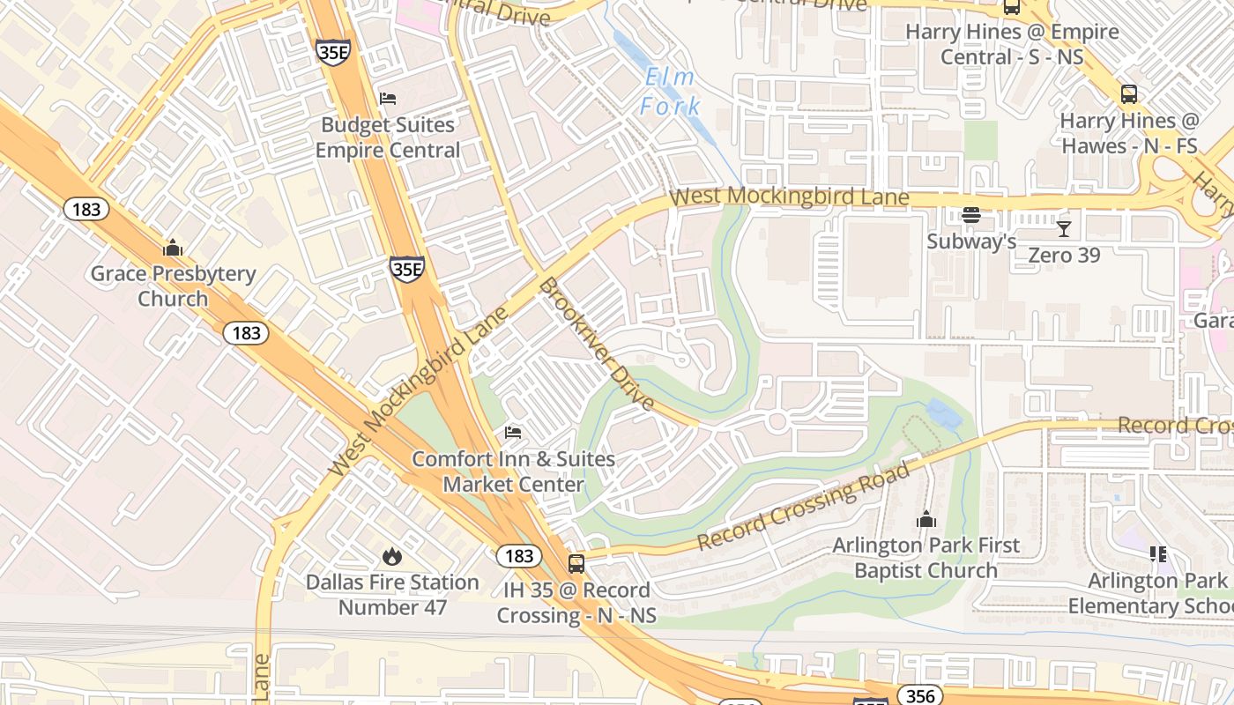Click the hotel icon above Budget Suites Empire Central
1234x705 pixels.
pos(388,98)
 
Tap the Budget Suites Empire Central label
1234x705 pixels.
pos(388,137)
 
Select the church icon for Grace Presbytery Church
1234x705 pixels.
pos(173,248)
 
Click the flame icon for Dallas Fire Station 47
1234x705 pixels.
pos(392,556)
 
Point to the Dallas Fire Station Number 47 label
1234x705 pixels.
pos(392,595)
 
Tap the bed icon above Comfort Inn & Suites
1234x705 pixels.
pos(513,432)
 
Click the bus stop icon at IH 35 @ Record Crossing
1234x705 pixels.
pos(576,563)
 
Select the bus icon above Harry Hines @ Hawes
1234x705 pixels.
pos(1128,94)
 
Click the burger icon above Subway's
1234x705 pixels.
pos(971,215)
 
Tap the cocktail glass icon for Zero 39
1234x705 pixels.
pos(1064,229)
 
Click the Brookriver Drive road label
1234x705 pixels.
pos(597,345)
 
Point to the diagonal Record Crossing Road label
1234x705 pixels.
pos(804,506)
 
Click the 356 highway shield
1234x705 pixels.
pos(919,696)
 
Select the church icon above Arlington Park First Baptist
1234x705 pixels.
pos(925,520)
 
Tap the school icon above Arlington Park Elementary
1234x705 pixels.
pos(1158,554)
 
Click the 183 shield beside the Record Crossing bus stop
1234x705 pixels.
pos(519,555)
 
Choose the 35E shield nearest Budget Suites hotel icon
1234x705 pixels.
pos(333,52)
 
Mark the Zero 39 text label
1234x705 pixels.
pos(1064,255)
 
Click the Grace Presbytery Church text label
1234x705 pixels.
pos(173,286)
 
